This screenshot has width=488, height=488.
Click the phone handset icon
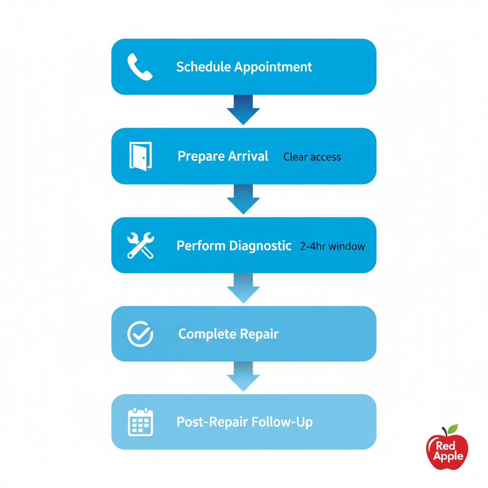[x=140, y=67]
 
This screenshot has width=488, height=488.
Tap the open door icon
[x=140, y=156]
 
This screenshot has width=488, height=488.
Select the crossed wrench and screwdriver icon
[x=140, y=245]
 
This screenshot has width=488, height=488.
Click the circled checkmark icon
[x=140, y=334]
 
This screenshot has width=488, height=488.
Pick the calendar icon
[x=140, y=422]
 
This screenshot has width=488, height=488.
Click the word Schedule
[x=203, y=67]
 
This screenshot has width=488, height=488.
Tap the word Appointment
[x=273, y=67]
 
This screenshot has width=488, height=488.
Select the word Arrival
[x=248, y=156]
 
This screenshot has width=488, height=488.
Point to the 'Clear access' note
[x=312, y=157]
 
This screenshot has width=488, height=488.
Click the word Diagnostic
[x=260, y=245]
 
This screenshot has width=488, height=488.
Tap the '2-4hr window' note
[x=332, y=246]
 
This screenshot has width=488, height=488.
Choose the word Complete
[x=207, y=334]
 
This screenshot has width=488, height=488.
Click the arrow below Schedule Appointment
[x=243, y=110]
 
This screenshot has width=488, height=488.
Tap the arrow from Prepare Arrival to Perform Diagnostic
[x=243, y=199]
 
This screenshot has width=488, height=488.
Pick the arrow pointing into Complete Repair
[x=243, y=288]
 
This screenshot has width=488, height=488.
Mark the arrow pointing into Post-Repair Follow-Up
[x=243, y=376]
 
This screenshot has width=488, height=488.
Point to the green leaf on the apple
[x=452, y=429]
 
